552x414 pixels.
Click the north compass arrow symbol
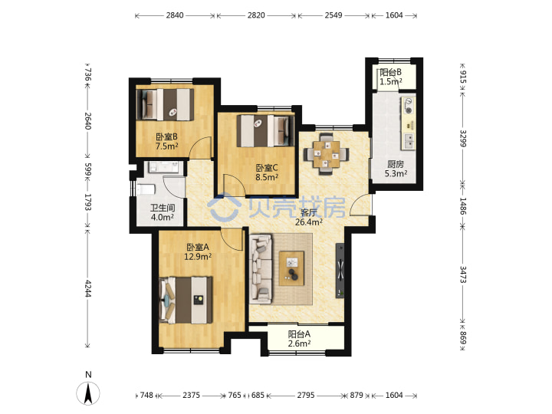(88, 393)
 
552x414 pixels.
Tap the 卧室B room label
(166, 136)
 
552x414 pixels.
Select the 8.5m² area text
(267, 177)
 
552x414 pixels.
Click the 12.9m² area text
(198, 257)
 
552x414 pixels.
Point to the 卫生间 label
(163, 208)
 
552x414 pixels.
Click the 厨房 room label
(396, 164)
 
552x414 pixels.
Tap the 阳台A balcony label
(299, 334)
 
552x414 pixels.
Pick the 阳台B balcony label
(390, 73)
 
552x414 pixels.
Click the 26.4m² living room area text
(309, 222)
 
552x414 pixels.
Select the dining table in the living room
(327, 154)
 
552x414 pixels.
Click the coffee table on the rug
(291, 268)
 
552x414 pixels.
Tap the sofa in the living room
(261, 269)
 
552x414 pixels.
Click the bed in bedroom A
(186, 301)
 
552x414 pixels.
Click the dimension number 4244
(87, 289)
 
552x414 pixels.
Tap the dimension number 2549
(333, 15)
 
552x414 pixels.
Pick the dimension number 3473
(462, 274)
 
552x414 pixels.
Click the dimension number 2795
(306, 396)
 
